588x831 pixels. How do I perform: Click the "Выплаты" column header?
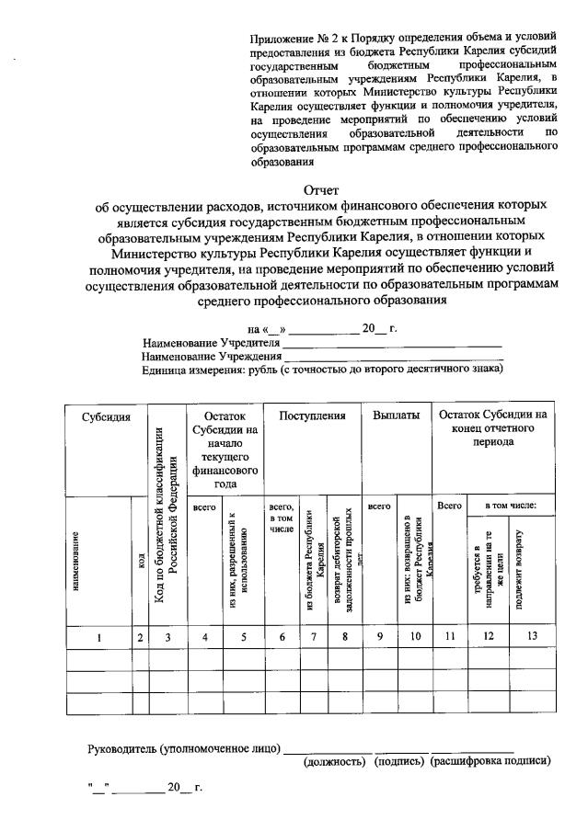[397, 415]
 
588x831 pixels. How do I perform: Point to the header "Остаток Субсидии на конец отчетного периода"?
[492, 428]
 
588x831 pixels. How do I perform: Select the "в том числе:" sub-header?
[511, 506]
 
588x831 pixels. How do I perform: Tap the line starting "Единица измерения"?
[322, 369]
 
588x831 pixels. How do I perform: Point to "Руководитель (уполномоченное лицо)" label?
[183, 748]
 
